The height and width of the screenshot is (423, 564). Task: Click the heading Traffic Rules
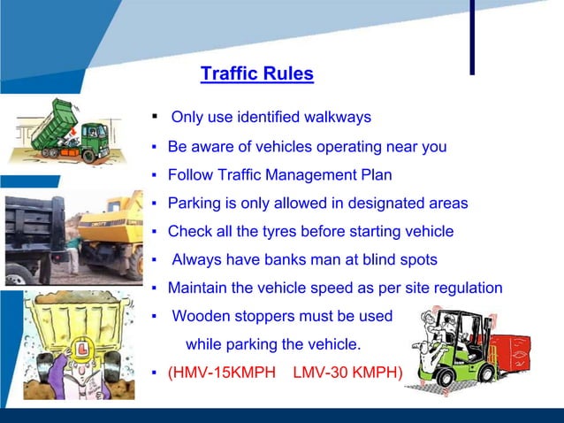(256, 73)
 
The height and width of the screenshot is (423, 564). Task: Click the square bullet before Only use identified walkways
(154, 116)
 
